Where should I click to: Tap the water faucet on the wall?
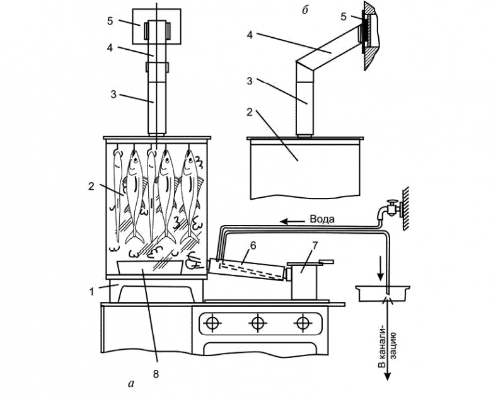tap(390, 207)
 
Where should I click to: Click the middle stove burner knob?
tap(257, 324)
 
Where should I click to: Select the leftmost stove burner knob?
tap(212, 324)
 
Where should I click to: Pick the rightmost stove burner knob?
tap(301, 324)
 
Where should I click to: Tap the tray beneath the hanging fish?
tap(151, 268)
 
